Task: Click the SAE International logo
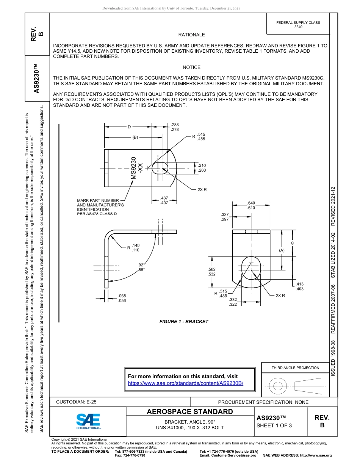[88, 421]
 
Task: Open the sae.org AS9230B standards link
[186, 383]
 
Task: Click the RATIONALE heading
[191, 35]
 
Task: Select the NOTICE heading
[191, 67]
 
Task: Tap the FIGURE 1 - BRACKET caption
[184, 322]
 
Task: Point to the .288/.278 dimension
[175, 127]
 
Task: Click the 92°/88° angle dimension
[142, 267]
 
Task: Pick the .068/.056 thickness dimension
[122, 298]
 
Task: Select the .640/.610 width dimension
[251, 205]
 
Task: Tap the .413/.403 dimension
[300, 286]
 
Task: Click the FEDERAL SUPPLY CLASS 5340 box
[298, 25]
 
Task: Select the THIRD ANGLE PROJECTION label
[295, 367]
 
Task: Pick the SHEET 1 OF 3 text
[274, 425]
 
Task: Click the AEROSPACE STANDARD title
[190, 412]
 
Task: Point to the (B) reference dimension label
[135, 138]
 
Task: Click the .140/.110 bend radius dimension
[136, 248]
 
